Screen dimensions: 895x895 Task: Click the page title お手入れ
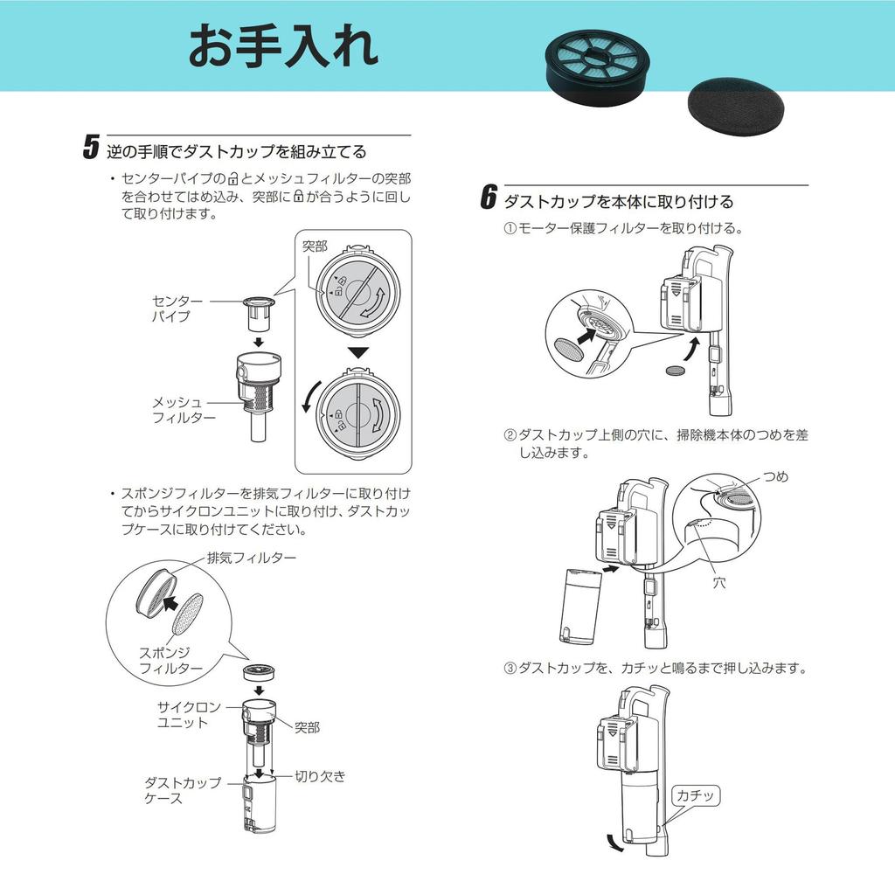point(284,45)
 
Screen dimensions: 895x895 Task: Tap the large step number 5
point(91,147)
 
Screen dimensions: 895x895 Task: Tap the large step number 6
point(489,197)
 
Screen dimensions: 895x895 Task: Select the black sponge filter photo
point(736,107)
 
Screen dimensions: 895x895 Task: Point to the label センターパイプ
point(177,309)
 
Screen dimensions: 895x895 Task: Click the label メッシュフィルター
point(184,410)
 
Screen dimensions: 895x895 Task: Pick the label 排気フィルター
point(252,558)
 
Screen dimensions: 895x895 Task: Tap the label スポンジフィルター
point(170,661)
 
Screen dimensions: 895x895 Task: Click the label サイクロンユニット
point(189,715)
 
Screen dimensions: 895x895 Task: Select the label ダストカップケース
point(182,790)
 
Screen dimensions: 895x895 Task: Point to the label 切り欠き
point(320,776)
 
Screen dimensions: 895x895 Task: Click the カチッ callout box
point(695,795)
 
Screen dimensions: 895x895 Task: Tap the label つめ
point(776,476)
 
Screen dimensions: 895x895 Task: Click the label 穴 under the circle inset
point(719,583)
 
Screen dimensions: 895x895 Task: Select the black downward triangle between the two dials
point(357,353)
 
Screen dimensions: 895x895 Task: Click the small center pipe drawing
point(259,315)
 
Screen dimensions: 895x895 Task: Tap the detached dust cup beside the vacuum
point(579,605)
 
